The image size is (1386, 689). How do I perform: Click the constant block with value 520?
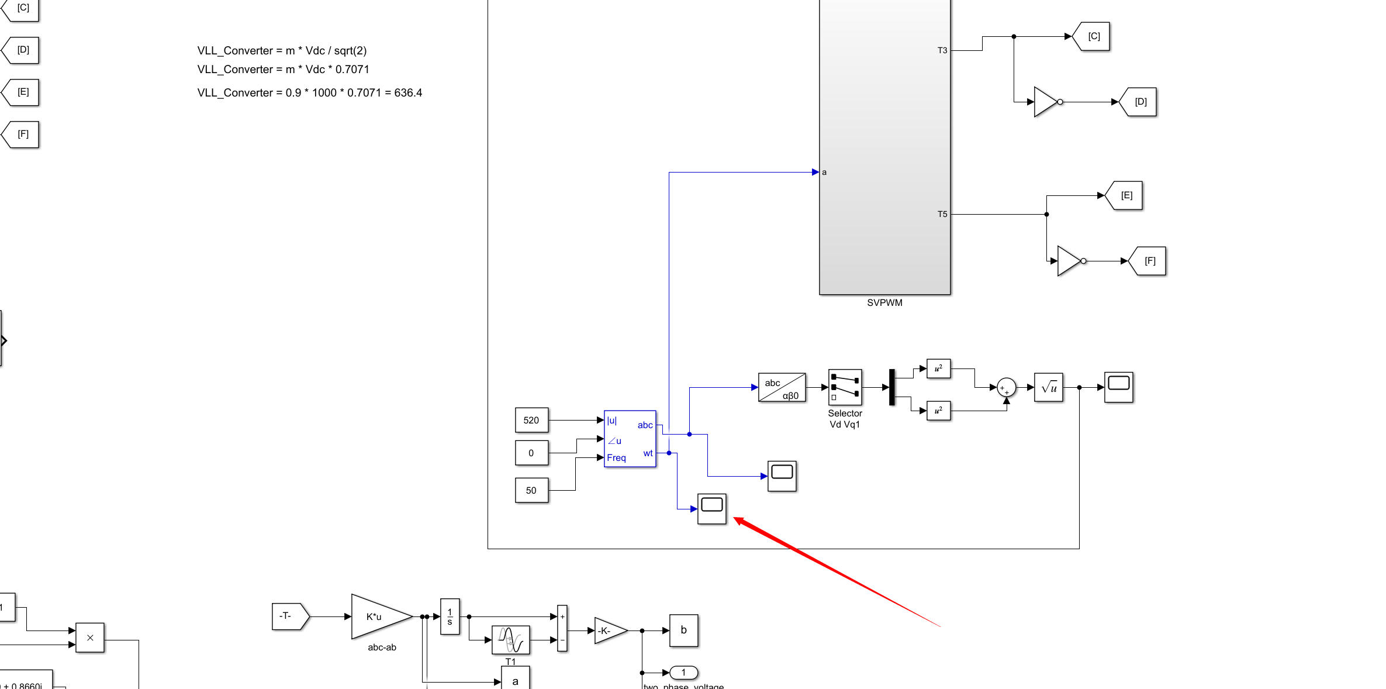tap(531, 420)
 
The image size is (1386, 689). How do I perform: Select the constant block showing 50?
tap(531, 490)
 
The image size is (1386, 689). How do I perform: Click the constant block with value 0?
tap(531, 453)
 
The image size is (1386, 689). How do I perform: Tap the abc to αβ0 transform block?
tap(782, 388)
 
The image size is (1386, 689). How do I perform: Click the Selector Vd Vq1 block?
tap(845, 387)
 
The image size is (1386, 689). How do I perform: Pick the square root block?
tap(1048, 387)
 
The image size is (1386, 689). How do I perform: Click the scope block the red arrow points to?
tap(711, 508)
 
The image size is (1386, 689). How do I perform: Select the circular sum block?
tap(1006, 387)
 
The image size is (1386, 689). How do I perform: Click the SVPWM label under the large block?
tap(884, 302)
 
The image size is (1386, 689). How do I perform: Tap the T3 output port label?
tap(942, 50)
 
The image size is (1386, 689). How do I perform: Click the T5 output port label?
tap(942, 214)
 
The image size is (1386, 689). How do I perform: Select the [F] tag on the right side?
tap(1149, 261)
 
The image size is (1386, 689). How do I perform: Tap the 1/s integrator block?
tap(450, 616)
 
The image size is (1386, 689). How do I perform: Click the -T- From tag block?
tap(289, 616)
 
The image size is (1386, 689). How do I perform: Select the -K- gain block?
tap(609, 631)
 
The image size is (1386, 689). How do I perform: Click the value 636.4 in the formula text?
tap(408, 92)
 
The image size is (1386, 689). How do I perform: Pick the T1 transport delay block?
tap(510, 640)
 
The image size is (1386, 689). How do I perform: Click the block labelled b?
tap(683, 631)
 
